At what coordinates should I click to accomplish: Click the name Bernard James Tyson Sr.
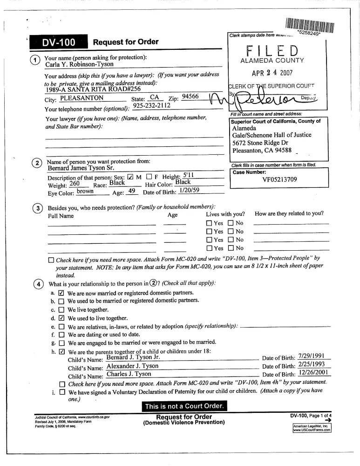pos(80,168)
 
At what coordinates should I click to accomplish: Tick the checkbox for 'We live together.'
pos(60,309)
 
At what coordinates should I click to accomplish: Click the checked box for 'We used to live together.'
pos(60,318)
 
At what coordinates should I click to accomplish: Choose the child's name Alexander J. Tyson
pos(132,366)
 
